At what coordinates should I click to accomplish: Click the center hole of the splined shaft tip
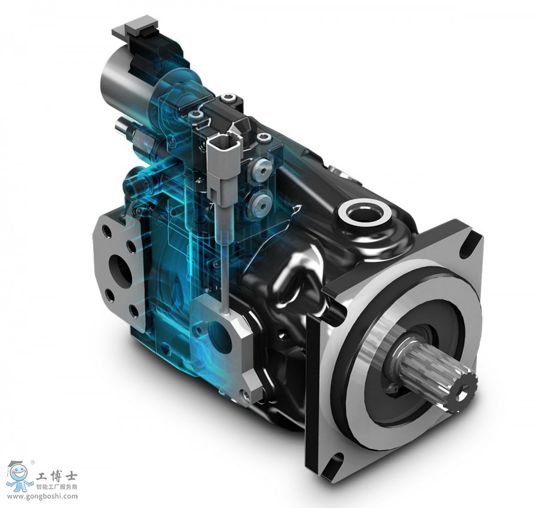(463, 390)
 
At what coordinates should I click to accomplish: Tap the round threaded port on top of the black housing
(364, 215)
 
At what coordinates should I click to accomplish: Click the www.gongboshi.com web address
(42, 496)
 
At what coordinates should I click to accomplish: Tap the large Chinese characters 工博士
(57, 476)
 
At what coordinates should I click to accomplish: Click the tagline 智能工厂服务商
(57, 486)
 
